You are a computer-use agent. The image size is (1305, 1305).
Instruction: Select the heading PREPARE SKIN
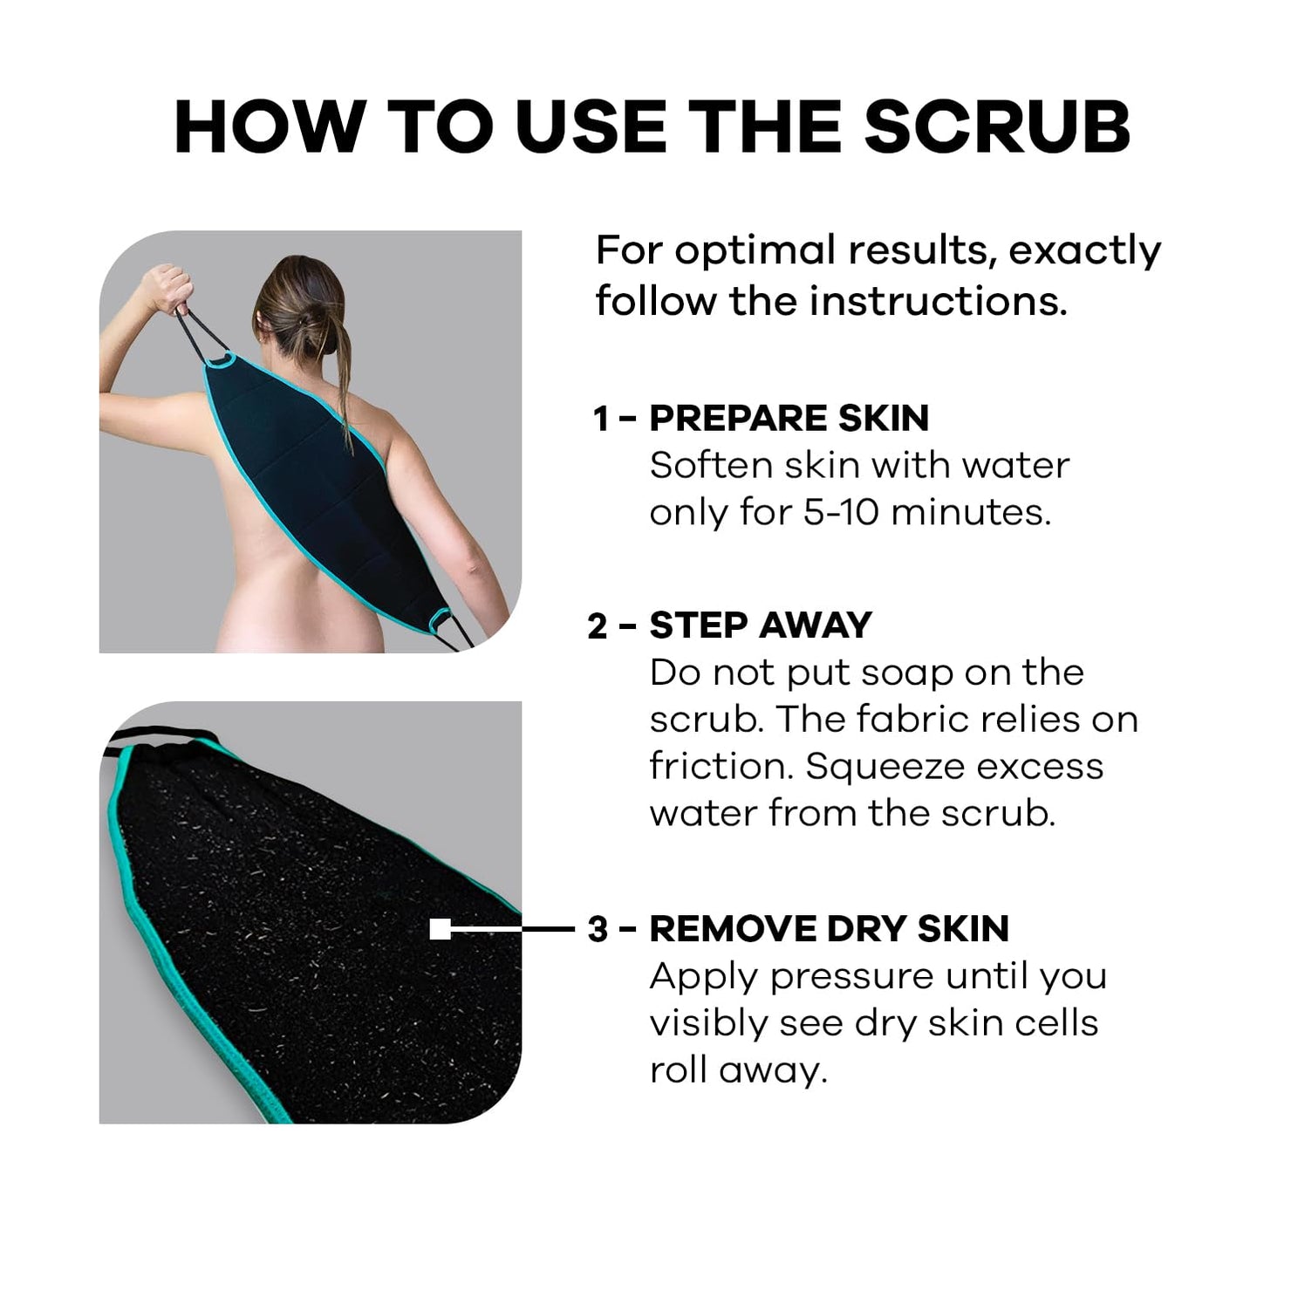click(x=789, y=418)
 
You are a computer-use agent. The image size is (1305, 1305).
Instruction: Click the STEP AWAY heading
click(x=760, y=625)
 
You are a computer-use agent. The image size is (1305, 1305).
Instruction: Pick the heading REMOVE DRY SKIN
click(x=829, y=928)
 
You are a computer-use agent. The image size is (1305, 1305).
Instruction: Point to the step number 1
click(x=600, y=419)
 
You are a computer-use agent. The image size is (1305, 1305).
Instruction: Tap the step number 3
click(x=598, y=929)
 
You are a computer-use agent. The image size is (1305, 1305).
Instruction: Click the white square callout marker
click(x=440, y=929)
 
